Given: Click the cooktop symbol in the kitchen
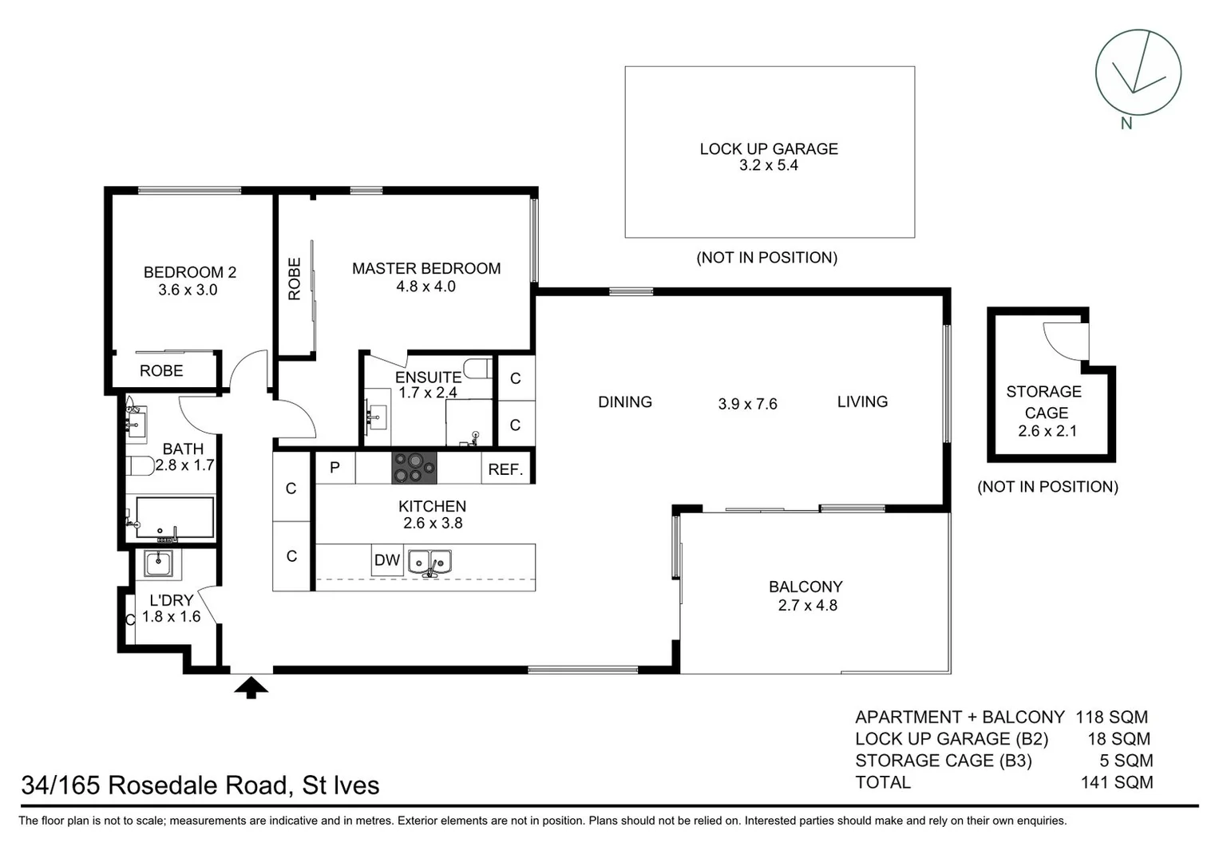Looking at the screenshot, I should pos(414,468).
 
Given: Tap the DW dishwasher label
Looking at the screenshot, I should pos(386,560).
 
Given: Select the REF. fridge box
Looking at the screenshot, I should pos(505,469).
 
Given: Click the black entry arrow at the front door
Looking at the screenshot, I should pos(251,686).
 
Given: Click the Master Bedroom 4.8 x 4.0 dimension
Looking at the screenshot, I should pos(425,287).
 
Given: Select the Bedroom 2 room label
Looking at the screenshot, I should pos(189,272).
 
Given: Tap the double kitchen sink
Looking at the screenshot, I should pos(429,562).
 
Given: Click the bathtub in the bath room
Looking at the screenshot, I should pos(175,517).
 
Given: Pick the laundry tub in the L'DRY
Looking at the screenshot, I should pos(158,563).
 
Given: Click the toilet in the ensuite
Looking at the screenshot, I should pos(477,368).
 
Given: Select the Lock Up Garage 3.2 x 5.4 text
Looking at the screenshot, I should pos(768,157).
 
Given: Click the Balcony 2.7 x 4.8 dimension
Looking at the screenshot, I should pos(807,606).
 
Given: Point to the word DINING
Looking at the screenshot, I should pos(624,402).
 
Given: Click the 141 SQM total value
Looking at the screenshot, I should pos(1116,783).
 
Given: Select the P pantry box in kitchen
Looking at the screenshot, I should pos(334,468).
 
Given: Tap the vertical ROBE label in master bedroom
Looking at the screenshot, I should pos(294,279).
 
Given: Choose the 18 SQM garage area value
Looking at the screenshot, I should pos(1118,739).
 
